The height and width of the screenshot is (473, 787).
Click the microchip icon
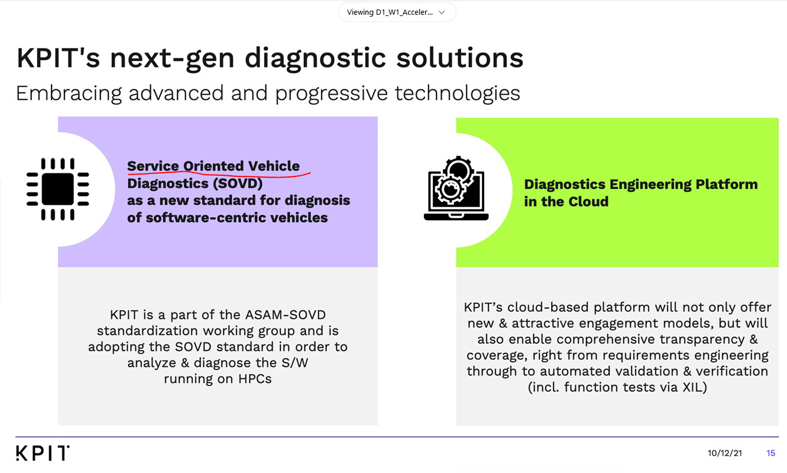57,189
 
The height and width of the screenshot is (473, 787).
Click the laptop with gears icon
456,188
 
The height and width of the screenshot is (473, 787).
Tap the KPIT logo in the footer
43,453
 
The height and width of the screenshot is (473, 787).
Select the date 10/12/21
724,453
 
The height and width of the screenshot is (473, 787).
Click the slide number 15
770,453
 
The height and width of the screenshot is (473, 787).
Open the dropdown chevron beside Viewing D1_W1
442,12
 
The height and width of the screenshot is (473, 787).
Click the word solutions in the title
460,58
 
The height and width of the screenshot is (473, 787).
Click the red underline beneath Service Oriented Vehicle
219,174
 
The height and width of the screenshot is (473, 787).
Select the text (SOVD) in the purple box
238,184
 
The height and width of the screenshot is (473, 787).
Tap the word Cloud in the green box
588,201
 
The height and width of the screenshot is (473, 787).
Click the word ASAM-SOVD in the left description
285,315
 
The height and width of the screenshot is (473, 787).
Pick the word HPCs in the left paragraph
255,379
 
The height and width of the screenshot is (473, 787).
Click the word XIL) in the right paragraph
695,387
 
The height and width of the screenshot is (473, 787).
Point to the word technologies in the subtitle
458,93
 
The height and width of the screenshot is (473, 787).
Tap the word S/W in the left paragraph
295,362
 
